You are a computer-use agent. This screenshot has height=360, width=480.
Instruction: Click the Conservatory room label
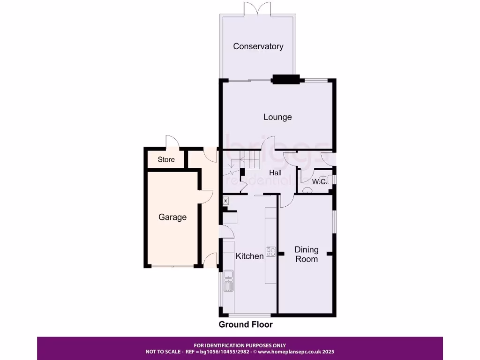pyautogui.click(x=258, y=46)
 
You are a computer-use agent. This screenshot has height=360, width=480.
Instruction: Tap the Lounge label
pyautogui.click(x=277, y=117)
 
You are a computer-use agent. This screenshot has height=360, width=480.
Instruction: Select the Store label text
pyautogui.click(x=166, y=159)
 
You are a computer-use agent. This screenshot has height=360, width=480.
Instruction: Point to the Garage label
pyautogui.click(x=172, y=217)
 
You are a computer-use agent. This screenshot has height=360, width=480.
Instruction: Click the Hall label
pyautogui.click(x=275, y=173)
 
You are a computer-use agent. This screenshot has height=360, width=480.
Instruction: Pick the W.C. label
pyautogui.click(x=320, y=181)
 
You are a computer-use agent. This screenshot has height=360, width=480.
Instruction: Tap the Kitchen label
pyautogui.click(x=249, y=256)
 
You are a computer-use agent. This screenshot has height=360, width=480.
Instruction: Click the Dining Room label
pyautogui.click(x=307, y=254)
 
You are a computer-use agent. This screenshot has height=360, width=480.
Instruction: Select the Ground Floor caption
pyautogui.click(x=246, y=324)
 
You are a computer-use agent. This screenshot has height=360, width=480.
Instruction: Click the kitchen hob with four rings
pyautogui.click(x=271, y=252)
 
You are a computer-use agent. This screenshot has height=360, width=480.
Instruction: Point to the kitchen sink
pyautogui.click(x=229, y=277)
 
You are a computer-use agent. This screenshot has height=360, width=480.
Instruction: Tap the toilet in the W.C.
pyautogui.click(x=331, y=180)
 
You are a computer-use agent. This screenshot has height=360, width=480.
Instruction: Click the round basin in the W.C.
pyautogui.click(x=307, y=190)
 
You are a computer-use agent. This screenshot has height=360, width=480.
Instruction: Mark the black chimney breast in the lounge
pyautogui.click(x=286, y=79)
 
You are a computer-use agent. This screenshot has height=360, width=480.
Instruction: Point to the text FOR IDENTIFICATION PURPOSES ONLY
pyautogui.click(x=240, y=345)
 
